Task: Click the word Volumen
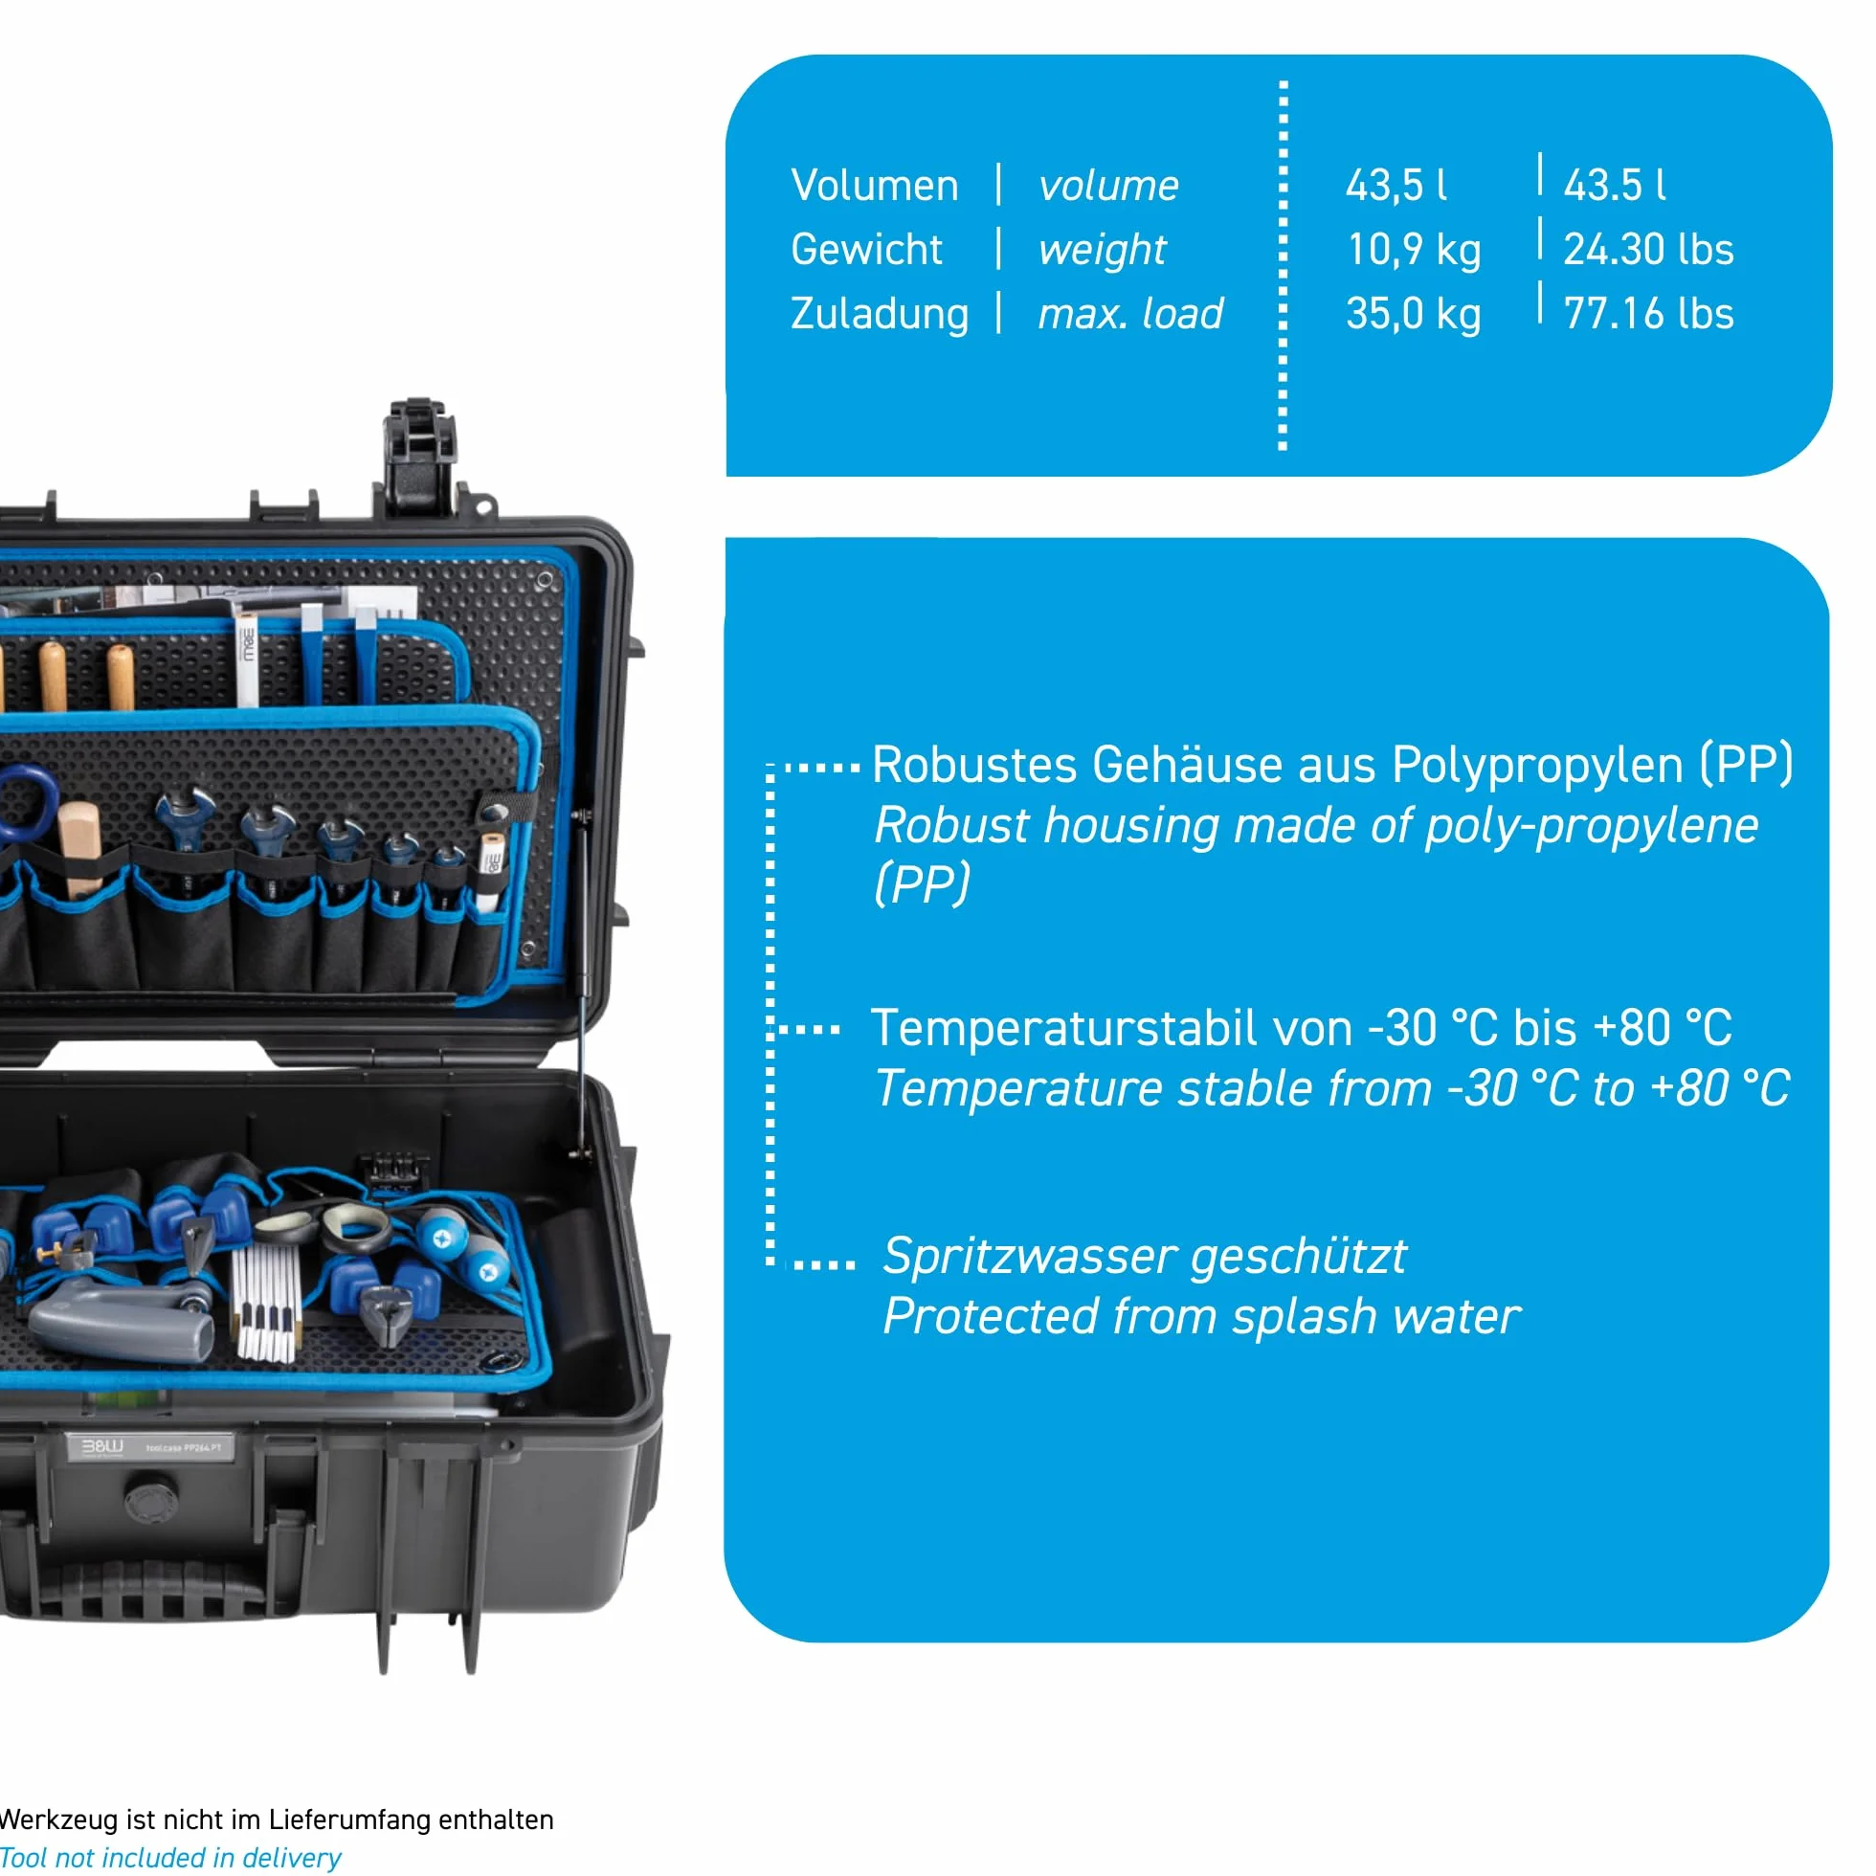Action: pos(874,186)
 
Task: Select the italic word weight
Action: pos(1102,251)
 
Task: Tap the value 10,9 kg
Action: pos(1413,250)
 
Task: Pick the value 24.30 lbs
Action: pos(1648,250)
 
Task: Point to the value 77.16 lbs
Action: pos(1648,314)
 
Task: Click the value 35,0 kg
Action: pos(1413,314)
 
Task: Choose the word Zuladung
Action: pos(879,315)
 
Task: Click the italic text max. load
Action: pos(1130,314)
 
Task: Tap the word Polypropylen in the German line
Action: pos(1537,766)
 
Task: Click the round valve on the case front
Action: pos(151,1498)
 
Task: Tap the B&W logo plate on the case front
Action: pos(149,1447)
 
